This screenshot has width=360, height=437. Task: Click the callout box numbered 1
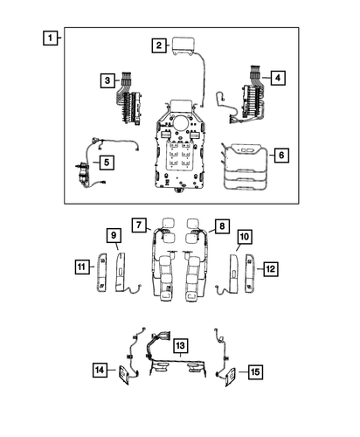53,38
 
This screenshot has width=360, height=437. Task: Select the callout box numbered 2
158,45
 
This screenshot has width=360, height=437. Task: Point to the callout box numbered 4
276,78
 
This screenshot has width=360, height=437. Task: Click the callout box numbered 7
139,226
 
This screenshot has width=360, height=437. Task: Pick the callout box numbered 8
222,226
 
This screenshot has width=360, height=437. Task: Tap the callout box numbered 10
244,236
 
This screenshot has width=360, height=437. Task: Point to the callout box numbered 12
270,268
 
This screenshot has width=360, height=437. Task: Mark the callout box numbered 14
100,371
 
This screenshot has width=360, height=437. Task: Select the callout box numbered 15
254,371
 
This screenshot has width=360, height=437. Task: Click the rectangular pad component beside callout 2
185,45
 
